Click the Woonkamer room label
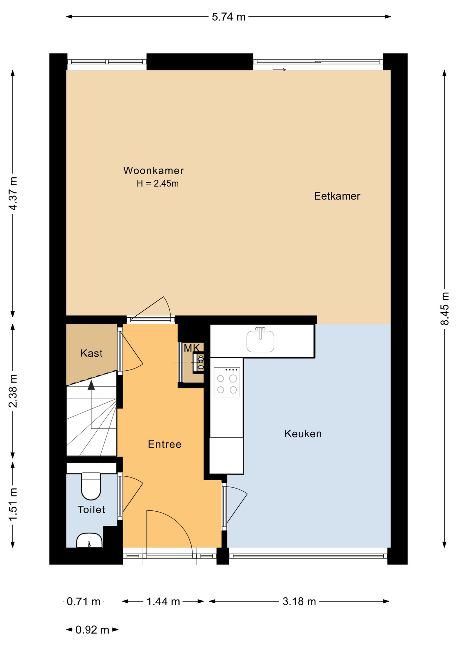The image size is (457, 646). [x=153, y=171]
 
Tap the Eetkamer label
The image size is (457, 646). [x=337, y=196]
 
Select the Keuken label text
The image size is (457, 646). [x=303, y=434]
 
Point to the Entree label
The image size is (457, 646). [x=165, y=444]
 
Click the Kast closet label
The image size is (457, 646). [x=91, y=353]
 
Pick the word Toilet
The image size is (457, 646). [x=91, y=510]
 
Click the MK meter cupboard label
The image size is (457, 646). [x=191, y=348]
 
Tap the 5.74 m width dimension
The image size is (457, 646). [x=229, y=17]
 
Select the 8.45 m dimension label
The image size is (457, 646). [x=445, y=309]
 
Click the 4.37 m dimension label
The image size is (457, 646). [x=12, y=193]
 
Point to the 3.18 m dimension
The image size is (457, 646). [x=299, y=602]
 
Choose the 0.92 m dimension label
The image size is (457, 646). [x=92, y=630]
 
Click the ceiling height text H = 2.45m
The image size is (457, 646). [x=157, y=183]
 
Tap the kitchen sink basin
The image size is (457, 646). [x=260, y=341]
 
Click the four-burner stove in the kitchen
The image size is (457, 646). [x=227, y=382]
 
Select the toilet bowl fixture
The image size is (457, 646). [x=91, y=486]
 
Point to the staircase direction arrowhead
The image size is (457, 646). [x=91, y=385]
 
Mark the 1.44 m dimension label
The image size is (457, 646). [x=163, y=602]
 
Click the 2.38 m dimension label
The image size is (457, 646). [x=12, y=391]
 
